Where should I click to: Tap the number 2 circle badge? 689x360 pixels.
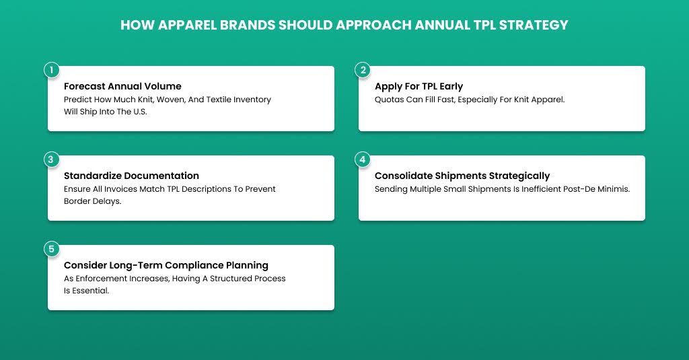[363, 70]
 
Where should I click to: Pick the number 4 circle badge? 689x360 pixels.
[363, 159]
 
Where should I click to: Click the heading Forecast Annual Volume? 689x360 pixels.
[122, 86]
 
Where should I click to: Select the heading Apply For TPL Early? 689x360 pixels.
[419, 86]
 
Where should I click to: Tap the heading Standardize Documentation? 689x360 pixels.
[131, 176]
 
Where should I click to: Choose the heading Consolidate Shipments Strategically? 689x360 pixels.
[462, 176]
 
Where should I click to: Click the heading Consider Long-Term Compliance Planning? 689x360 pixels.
[166, 265]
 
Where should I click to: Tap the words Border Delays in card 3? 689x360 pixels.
[92, 201]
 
